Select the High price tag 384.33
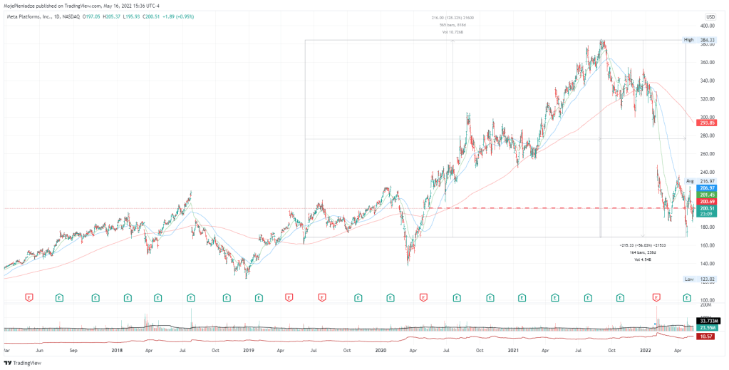click(x=708, y=39)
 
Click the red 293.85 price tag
click(x=708, y=123)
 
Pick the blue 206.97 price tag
click(x=708, y=187)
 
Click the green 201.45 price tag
click(x=708, y=195)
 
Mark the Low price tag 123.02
click(x=708, y=279)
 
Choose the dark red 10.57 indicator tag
click(x=708, y=335)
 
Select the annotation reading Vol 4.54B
click(x=641, y=259)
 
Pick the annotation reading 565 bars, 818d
click(x=453, y=26)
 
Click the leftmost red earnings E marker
click(x=29, y=296)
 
